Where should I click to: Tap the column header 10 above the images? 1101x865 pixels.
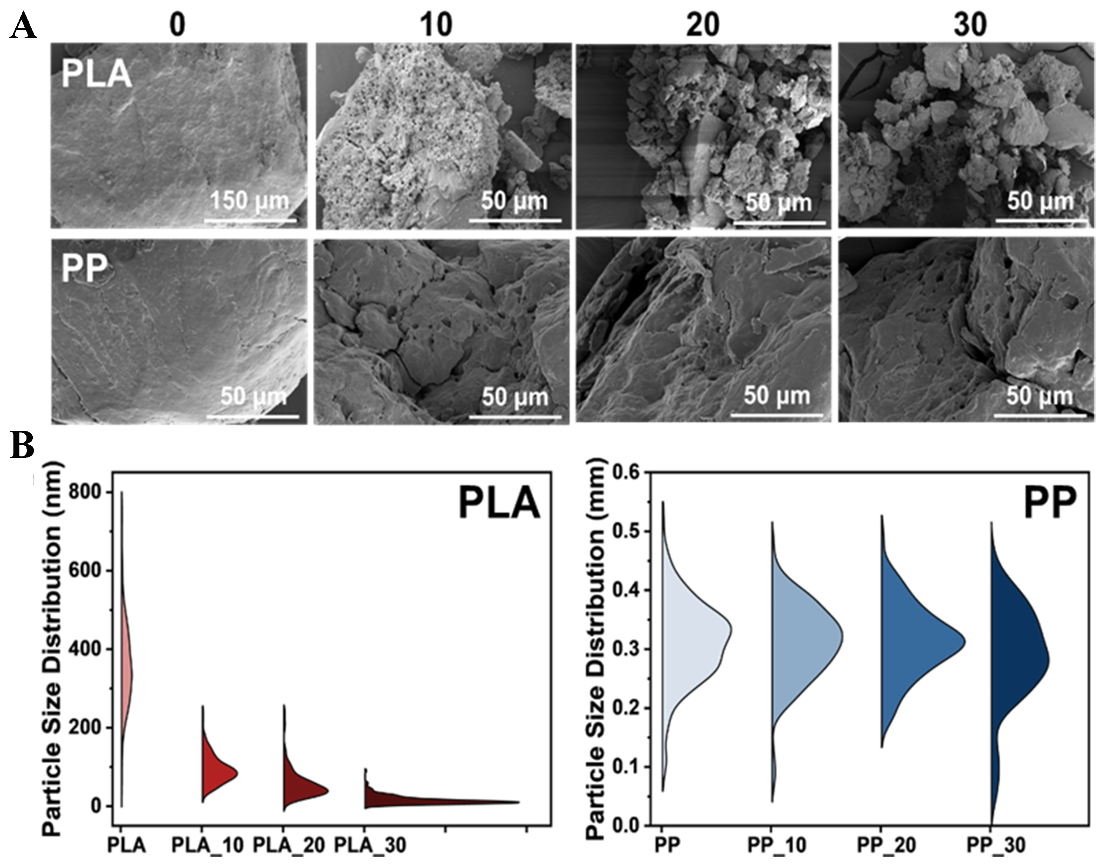coord(436,24)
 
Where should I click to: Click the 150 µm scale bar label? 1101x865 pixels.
coord(249,201)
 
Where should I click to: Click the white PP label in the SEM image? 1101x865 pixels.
coord(85,268)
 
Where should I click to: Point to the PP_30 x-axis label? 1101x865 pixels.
coord(996,845)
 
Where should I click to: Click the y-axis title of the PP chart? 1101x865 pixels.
coord(597,648)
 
